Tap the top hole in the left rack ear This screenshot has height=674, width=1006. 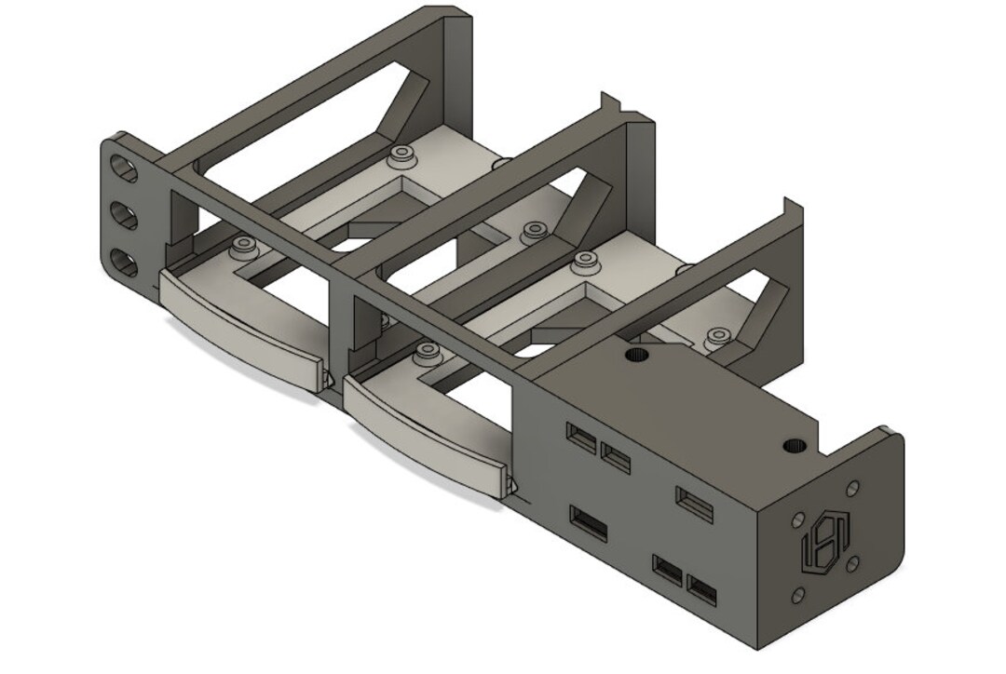122,168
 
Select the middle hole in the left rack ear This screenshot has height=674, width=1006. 123,216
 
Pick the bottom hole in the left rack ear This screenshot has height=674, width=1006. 123,263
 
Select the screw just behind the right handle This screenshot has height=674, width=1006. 428,352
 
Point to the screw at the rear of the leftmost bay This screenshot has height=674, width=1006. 401,152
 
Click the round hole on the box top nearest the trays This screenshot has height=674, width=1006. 637,353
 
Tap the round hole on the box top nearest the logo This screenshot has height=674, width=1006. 794,446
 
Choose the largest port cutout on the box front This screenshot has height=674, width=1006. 588,524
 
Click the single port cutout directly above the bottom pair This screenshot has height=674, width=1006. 694,503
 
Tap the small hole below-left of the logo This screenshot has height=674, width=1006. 797,594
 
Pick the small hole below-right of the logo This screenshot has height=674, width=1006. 851,564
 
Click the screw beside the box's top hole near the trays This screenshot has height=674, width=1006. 716,335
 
